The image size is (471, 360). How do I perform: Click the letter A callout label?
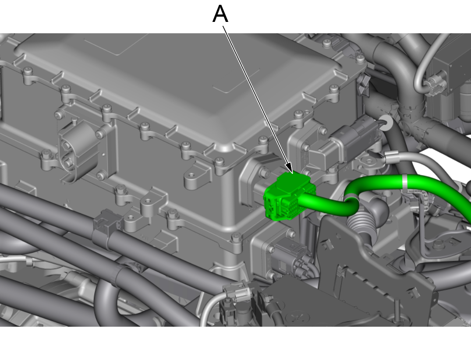(220, 14)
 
